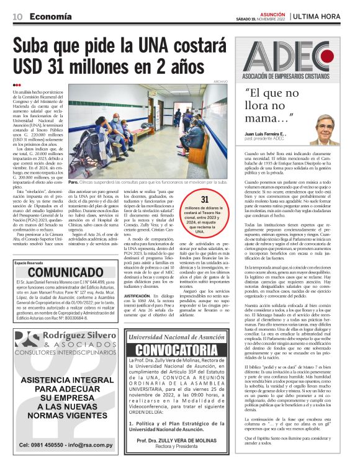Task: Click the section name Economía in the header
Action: [50, 16]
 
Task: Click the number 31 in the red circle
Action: [204, 198]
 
